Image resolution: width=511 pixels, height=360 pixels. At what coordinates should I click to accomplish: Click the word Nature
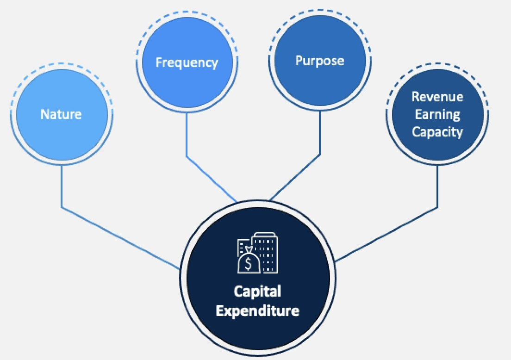[61, 114]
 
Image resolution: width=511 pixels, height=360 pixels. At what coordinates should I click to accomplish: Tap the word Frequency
[187, 62]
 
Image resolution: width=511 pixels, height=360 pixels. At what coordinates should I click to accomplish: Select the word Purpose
[320, 61]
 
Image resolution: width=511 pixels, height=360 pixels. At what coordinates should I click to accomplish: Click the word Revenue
[437, 97]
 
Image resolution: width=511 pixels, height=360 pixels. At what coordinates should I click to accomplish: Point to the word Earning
[437, 114]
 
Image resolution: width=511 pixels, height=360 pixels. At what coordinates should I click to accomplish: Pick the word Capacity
[437, 132]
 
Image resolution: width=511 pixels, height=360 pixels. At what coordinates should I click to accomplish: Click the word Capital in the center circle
[257, 292]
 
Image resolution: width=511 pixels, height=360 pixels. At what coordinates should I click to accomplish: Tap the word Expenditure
[257, 310]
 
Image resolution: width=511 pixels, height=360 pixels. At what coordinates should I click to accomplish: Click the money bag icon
[249, 261]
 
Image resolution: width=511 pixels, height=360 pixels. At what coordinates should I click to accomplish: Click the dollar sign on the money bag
[249, 264]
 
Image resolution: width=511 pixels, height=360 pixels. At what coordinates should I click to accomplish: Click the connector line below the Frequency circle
[187, 139]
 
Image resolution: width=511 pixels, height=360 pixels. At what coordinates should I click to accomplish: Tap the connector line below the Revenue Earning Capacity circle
[438, 185]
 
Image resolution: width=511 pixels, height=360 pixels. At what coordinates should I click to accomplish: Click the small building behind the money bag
[242, 245]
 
